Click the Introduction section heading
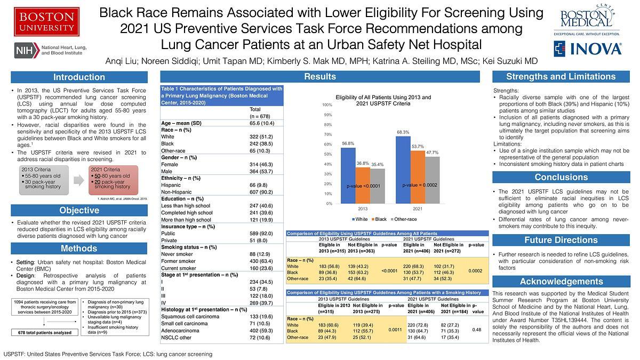pos(79,77)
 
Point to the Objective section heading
pos(79,210)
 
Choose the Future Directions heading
pos(561,240)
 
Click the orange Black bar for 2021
pos(418,177)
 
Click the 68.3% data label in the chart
pos(403,132)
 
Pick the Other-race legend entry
pos(406,219)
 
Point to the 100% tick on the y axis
pos(327,105)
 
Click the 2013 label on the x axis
pos(363,209)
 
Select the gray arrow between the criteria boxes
pos(78,180)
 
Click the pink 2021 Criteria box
pos(113,180)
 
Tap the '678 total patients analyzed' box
pos(45,332)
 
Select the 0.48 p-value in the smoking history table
pos(476,330)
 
